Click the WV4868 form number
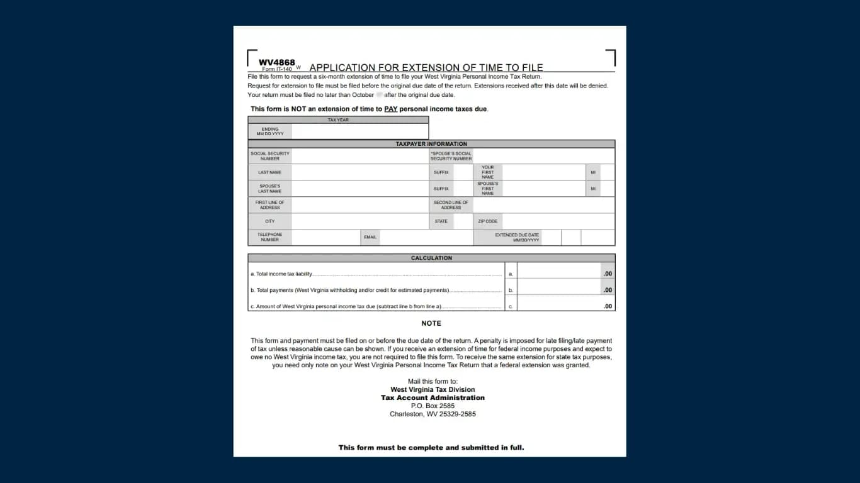276,62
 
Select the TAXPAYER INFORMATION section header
431,144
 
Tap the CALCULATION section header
431,258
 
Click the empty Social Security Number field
359,156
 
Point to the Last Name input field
359,172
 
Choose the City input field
359,221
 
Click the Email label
370,237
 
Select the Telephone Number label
269,237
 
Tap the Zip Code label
487,221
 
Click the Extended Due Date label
517,237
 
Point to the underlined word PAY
391,109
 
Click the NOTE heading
431,323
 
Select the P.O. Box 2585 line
433,406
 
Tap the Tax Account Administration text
433,397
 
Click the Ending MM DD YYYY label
269,131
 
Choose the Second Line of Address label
451,205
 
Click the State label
441,221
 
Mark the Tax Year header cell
338,119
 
